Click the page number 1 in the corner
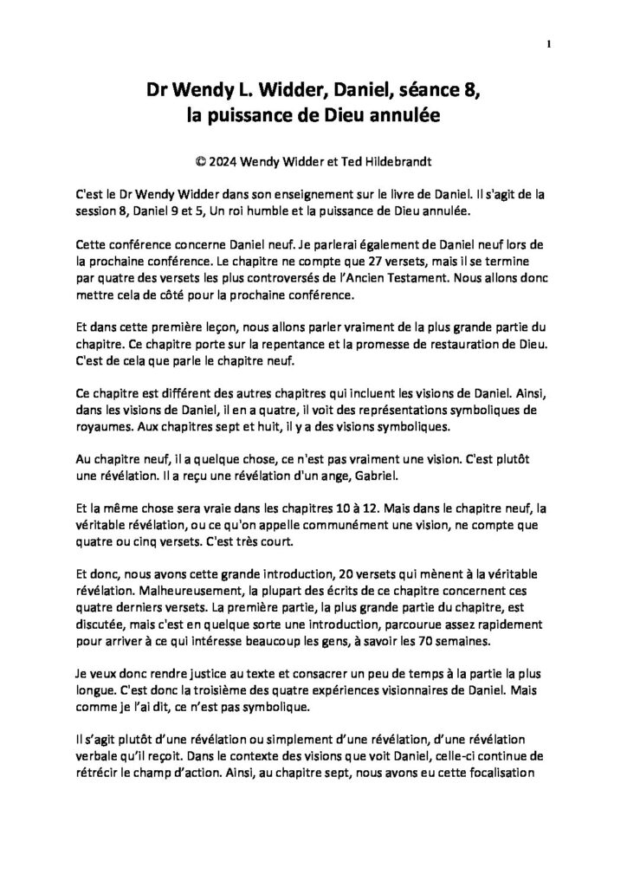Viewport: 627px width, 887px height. click(x=549, y=43)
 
